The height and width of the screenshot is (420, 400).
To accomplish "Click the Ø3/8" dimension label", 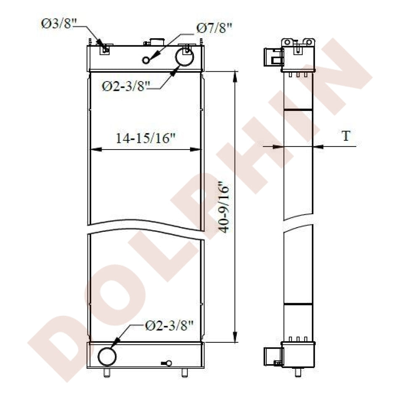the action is tap(59, 24).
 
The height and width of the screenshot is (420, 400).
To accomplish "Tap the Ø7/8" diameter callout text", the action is tap(214, 28).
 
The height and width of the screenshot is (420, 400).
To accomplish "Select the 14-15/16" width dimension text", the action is tap(145, 138).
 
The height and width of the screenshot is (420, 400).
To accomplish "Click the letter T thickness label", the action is tap(346, 136).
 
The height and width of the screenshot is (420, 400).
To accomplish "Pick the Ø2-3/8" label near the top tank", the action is tap(126, 86).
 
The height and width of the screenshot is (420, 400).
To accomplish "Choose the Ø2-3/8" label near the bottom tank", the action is tap(169, 325).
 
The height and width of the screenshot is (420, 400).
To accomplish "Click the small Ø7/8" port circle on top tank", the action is tap(146, 60).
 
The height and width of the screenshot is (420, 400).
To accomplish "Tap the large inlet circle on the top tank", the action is tap(184, 57).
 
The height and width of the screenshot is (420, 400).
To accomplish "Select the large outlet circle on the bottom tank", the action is tap(107, 357).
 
